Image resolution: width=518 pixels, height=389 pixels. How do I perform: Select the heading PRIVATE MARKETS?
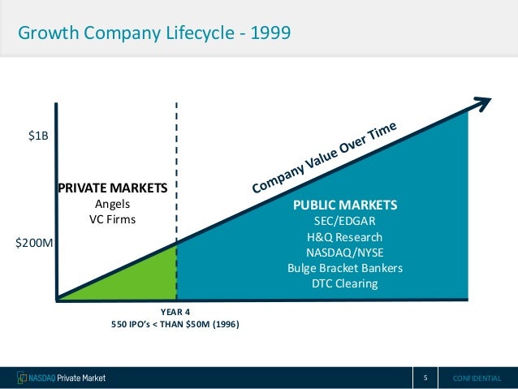tap(111, 188)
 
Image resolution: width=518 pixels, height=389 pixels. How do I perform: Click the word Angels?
tap(112, 204)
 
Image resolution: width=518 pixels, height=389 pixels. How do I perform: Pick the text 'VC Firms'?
tap(112, 219)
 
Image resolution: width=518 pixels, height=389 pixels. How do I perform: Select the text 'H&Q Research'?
tap(345, 236)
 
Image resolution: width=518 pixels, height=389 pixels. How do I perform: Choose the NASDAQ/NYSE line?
tap(345, 252)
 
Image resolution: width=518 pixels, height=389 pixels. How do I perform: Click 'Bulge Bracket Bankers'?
tap(345, 268)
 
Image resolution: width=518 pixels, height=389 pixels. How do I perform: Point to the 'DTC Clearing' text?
tap(345, 284)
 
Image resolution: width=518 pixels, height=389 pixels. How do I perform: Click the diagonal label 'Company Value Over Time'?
tap(325, 158)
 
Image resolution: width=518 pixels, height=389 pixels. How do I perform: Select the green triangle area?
tap(146, 280)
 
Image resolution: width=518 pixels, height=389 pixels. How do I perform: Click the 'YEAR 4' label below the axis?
tap(175, 311)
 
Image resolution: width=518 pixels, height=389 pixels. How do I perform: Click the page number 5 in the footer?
tap(425, 378)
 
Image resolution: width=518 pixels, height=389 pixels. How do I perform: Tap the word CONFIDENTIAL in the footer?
tap(477, 378)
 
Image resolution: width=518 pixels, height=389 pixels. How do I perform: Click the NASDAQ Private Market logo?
tap(61, 378)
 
